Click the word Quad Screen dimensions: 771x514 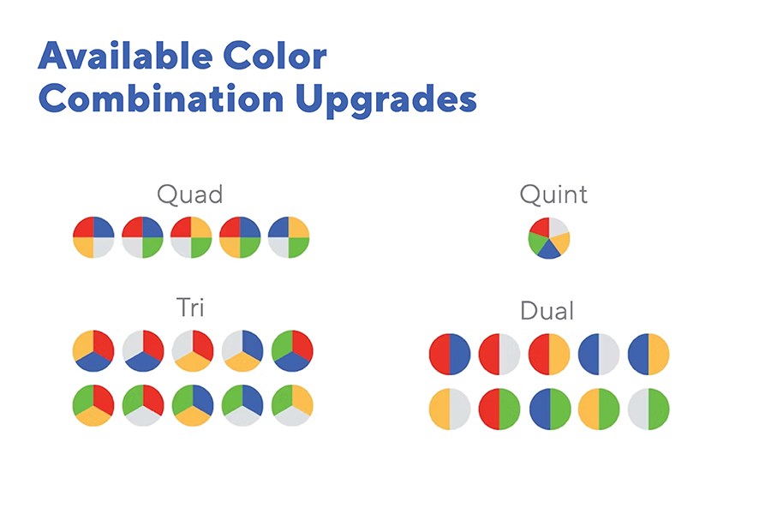190,194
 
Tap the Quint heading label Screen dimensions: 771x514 553,194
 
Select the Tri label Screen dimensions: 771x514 190,308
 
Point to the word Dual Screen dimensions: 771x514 547,311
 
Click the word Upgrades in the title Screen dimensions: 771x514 386,100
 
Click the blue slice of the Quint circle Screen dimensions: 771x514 548,251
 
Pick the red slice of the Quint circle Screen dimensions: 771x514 541,227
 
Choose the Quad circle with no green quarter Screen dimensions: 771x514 93,237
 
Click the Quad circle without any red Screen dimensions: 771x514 289,237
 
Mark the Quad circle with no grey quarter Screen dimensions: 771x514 240,237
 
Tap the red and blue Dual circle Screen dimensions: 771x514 450,354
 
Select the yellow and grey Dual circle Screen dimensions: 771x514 450,409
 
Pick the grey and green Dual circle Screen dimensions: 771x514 648,409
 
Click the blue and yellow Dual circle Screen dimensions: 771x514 648,354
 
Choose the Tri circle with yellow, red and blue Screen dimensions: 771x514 93,350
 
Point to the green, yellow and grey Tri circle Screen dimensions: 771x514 292,405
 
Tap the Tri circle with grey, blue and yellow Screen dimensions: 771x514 242,350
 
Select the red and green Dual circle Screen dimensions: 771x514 499,409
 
